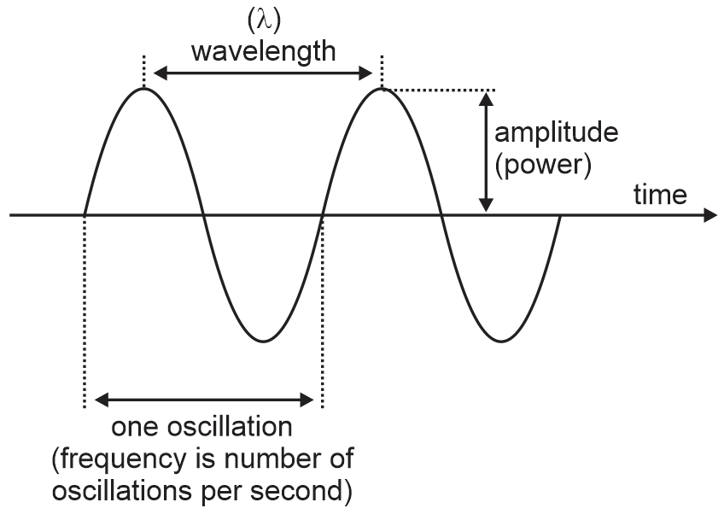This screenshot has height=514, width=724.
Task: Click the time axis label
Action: click(x=659, y=195)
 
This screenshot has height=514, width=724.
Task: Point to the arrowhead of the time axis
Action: click(x=709, y=214)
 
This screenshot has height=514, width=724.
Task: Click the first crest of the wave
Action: click(x=145, y=89)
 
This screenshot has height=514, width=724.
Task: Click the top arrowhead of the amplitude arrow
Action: click(x=486, y=97)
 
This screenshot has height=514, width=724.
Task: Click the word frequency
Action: click(x=118, y=460)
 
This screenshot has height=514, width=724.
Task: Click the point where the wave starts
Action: click(x=85, y=214)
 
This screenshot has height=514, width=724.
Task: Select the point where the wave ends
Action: click(x=559, y=214)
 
